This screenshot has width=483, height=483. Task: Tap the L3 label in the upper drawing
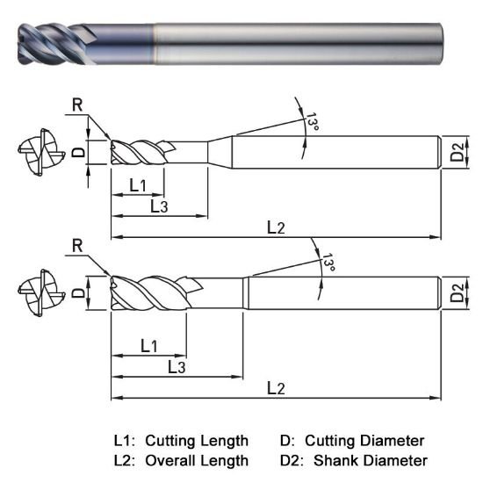pos(159,206)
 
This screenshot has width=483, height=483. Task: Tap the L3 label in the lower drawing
pos(177,366)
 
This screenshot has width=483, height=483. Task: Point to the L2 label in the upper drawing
pos(276,227)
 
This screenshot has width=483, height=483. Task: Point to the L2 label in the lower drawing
pos(276,387)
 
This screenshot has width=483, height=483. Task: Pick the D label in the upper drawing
pos(78,152)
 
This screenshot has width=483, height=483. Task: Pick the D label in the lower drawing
pos(78,291)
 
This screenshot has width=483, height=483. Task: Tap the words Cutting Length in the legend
pos(197,440)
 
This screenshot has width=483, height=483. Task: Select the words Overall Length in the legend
pos(197,460)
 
